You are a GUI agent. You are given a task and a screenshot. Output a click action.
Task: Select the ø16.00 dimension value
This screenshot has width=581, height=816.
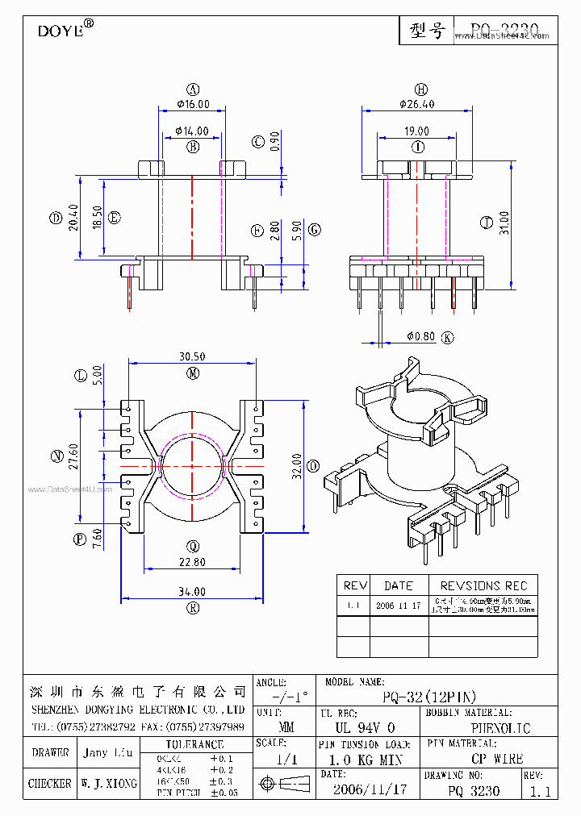pos(193,104)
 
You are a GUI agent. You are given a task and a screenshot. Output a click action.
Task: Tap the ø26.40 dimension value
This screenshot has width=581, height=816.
pos(416,104)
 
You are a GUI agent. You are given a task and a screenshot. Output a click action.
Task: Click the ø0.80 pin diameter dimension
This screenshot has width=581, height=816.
pos(420,336)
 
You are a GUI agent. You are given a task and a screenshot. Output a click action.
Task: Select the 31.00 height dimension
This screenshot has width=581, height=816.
pos(504,222)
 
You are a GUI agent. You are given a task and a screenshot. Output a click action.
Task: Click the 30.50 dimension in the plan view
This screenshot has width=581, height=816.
pos(191,357)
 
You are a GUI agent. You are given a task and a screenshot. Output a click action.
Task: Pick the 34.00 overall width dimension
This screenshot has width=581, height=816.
pos(192,592)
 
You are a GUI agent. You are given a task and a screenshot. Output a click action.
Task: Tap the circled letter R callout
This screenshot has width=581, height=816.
pos(193,609)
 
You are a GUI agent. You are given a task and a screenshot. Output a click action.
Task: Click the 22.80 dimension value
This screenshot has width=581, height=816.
pos(192,562)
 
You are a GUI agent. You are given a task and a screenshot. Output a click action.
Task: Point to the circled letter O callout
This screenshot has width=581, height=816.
pos(313,466)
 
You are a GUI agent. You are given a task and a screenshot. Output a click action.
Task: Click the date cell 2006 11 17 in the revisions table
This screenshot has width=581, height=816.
pos(399,606)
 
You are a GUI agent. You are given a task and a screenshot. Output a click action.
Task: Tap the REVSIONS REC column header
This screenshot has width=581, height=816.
pos(483,585)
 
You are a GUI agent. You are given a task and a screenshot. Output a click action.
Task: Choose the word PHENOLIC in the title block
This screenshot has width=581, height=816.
pos(499,728)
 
